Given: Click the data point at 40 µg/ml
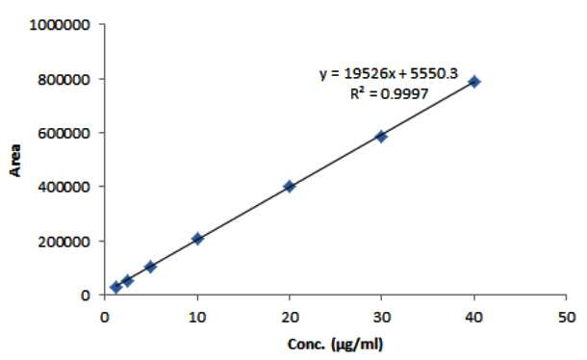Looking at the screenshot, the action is pyautogui.click(x=474, y=82).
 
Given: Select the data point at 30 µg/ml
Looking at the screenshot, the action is pyautogui.click(x=381, y=137).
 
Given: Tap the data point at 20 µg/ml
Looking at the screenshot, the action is pyautogui.click(x=289, y=186).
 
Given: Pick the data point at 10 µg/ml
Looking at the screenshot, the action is pyautogui.click(x=197, y=239).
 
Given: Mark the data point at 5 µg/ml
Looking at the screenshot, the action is pyautogui.click(x=150, y=267).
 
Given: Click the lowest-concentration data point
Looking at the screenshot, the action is pyautogui.click(x=116, y=287).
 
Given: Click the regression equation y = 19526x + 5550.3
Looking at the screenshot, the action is pyautogui.click(x=389, y=73).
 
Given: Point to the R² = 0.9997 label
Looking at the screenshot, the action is pyautogui.click(x=389, y=93).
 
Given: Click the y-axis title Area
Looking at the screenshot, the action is pyautogui.click(x=15, y=160).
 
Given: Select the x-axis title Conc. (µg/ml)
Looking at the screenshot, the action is pyautogui.click(x=336, y=345).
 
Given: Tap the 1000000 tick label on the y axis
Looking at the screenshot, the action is pyautogui.click(x=60, y=25).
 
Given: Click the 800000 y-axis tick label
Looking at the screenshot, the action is pyautogui.click(x=64, y=80).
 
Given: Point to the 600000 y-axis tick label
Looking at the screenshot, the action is pyautogui.click(x=64, y=134).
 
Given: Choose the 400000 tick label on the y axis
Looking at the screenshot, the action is pyautogui.click(x=64, y=187).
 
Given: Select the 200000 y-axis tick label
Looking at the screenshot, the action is pyautogui.click(x=64, y=242).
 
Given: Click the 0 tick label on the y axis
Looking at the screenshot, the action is pyautogui.click(x=86, y=296).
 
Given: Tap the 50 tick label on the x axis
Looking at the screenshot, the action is pyautogui.click(x=567, y=318).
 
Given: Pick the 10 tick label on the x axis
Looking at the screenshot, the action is pyautogui.click(x=197, y=318).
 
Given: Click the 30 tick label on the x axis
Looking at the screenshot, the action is pyautogui.click(x=381, y=318).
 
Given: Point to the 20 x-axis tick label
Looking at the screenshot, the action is pyautogui.click(x=290, y=318).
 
